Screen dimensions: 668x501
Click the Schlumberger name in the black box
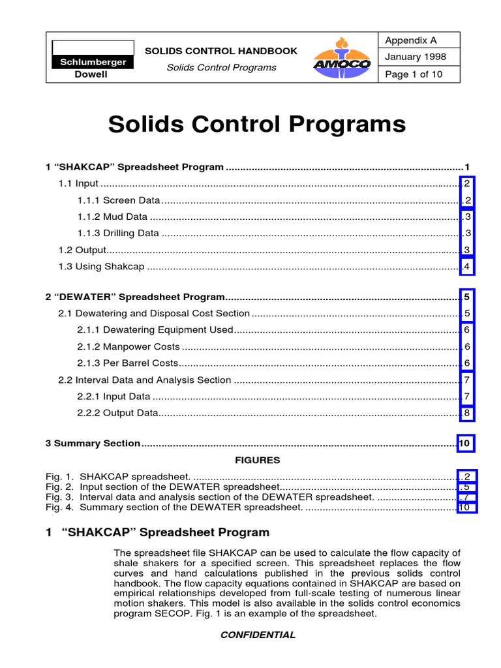click(x=93, y=63)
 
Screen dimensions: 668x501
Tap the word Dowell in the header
click(x=93, y=75)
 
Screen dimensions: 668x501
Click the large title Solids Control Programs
click(x=256, y=124)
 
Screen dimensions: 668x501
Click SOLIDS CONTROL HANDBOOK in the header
click(x=220, y=51)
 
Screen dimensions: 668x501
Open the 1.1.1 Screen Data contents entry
click(x=118, y=200)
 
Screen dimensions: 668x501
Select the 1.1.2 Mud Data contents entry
click(x=112, y=217)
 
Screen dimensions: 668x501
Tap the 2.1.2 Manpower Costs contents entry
click(x=128, y=346)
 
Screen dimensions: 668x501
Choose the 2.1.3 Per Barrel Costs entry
click(x=127, y=363)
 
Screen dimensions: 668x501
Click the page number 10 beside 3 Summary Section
click(x=465, y=444)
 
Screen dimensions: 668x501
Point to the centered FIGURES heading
click(x=257, y=460)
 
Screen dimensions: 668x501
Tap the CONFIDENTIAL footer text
click(x=256, y=635)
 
